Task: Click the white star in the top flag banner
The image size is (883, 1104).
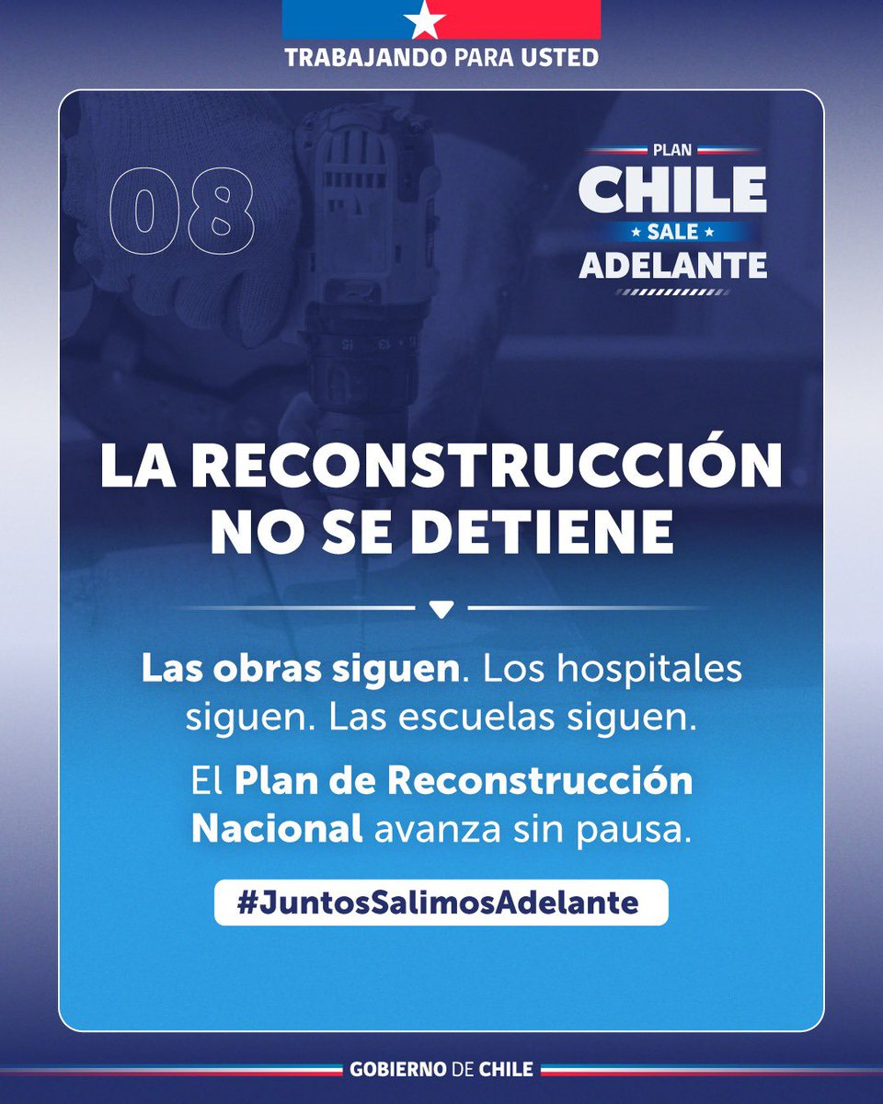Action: [441, 18]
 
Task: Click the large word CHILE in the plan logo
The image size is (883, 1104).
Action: [672, 190]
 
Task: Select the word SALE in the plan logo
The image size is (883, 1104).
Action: [672, 231]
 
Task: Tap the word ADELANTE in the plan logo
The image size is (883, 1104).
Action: [672, 265]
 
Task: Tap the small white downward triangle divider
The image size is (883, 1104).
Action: [441, 609]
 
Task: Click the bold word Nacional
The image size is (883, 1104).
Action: [277, 829]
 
